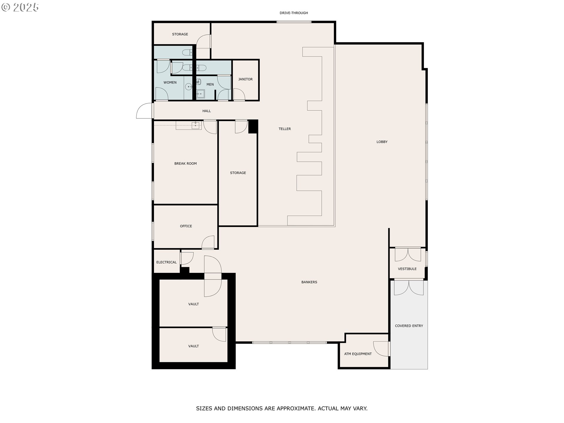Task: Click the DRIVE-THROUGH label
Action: [x=294, y=13]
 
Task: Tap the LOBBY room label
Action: [x=382, y=142]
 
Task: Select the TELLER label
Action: [x=285, y=129]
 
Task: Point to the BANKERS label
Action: [x=309, y=282]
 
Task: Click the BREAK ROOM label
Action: [x=185, y=164]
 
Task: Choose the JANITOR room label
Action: [x=245, y=79]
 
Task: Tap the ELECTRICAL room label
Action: [x=166, y=262]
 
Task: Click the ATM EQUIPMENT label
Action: [x=358, y=354]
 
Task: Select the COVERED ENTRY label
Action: [x=409, y=326]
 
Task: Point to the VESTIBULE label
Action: [x=407, y=269]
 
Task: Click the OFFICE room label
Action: [x=186, y=226]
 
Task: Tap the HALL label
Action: [x=207, y=111]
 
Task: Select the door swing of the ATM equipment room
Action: [x=381, y=349]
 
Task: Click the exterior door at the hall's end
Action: [x=144, y=111]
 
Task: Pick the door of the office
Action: [x=208, y=242]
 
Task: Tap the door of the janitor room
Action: [x=239, y=94]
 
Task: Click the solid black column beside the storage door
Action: [x=253, y=127]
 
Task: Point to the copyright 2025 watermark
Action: [x=20, y=7]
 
